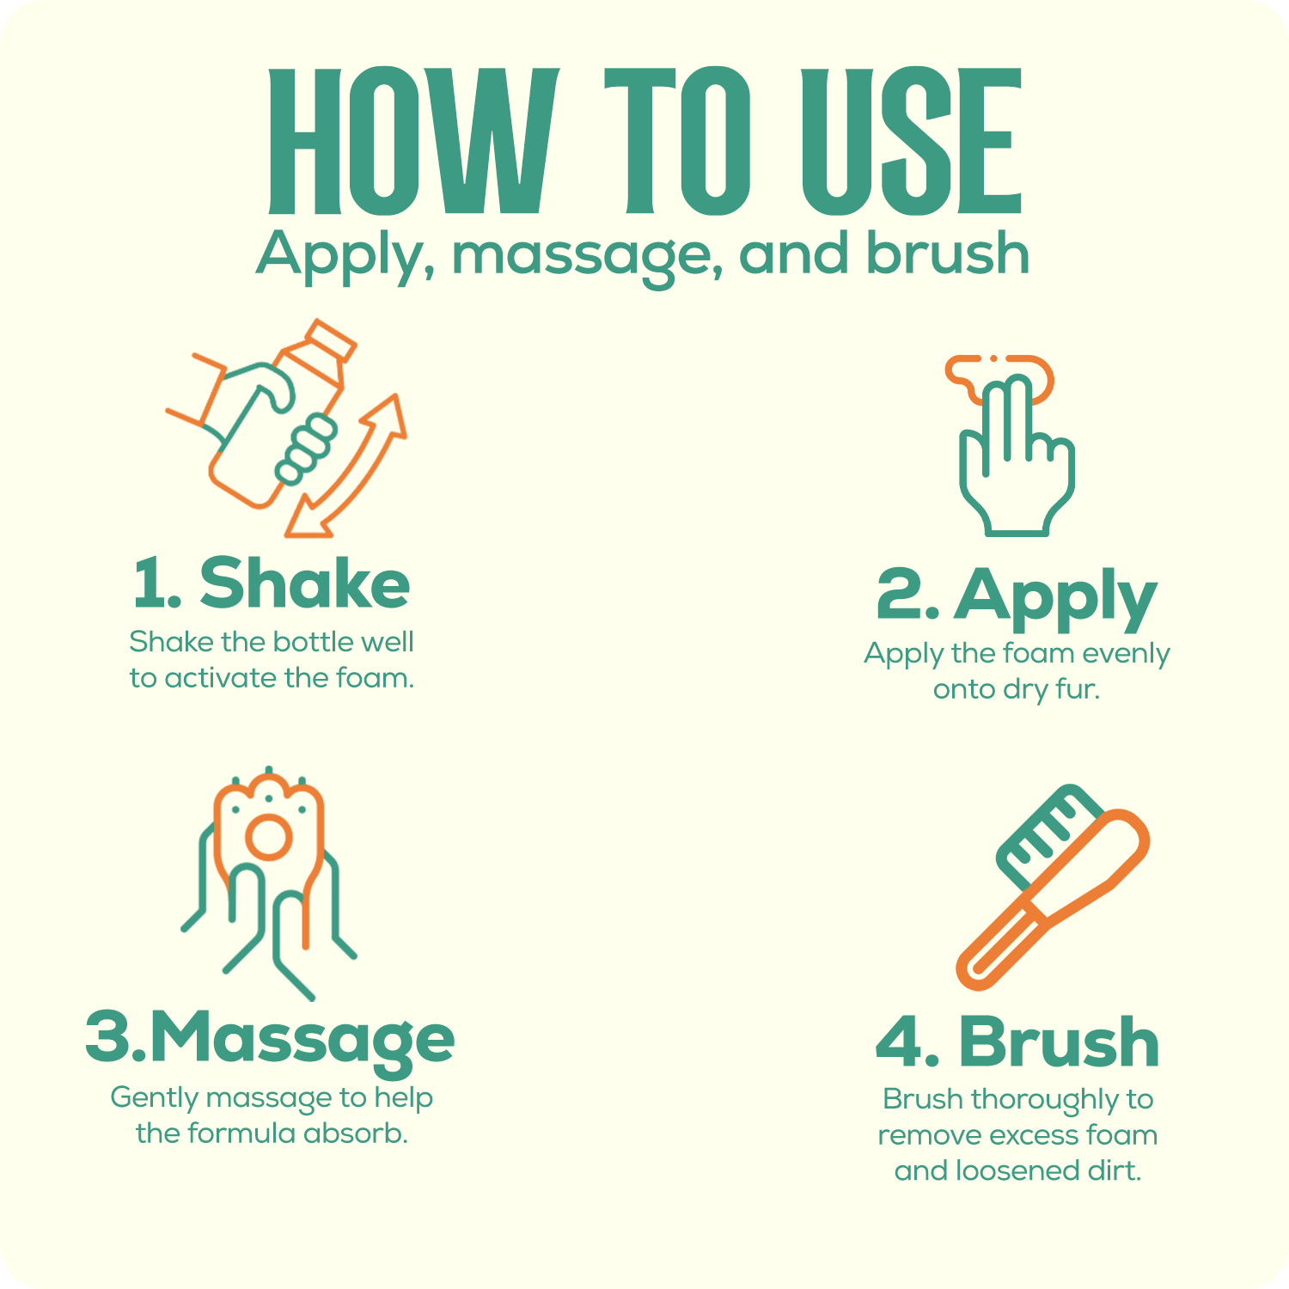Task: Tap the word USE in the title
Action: pyautogui.click(x=912, y=141)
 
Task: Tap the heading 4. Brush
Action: pyautogui.click(x=1017, y=1041)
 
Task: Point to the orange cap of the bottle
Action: pyautogui.click(x=331, y=343)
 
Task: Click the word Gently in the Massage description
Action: pyautogui.click(x=156, y=1098)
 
